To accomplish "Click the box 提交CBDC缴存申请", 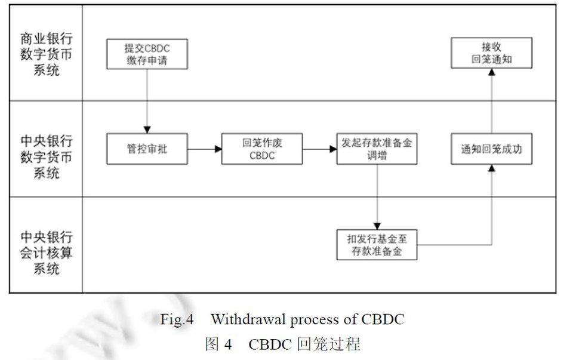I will tap(147, 54).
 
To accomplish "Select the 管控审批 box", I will tap(147, 149).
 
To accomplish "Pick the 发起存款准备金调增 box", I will tap(377, 149).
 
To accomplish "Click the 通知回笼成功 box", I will tap(491, 149).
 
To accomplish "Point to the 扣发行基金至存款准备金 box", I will tap(377, 245).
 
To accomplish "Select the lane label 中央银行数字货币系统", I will tap(45, 149).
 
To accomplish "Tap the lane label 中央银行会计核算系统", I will tap(45, 244).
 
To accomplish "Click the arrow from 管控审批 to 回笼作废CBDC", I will tap(205, 149).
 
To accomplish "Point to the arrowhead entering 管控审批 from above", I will tap(147, 130).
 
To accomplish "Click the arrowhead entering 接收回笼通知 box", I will tap(491, 72).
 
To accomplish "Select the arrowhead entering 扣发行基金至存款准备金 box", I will tap(377, 225).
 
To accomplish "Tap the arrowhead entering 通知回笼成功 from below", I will tap(491, 168).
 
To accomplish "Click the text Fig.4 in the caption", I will tap(177, 319).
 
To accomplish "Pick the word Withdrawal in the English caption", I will tap(247, 319).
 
